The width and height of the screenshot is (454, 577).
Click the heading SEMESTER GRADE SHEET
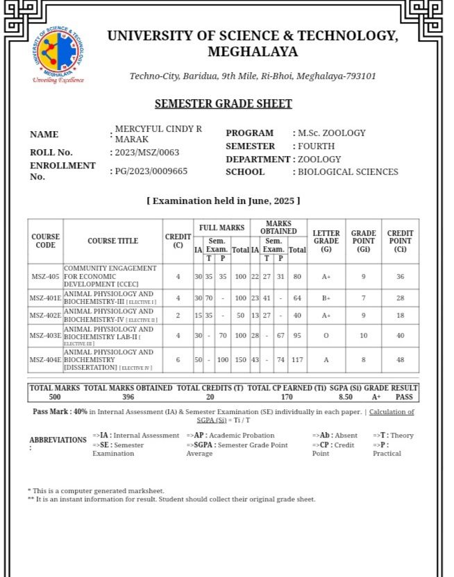coord(223,104)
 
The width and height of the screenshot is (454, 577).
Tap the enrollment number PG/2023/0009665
coord(151,171)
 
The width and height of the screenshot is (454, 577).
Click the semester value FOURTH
coord(316,146)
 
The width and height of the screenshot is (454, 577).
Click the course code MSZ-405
coord(45,276)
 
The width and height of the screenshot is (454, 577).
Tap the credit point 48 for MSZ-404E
coord(400,360)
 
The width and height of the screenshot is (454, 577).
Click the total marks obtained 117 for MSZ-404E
coord(297,360)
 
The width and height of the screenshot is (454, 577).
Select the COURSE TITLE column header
coord(112,241)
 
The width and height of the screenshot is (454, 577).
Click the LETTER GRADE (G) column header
coord(326,241)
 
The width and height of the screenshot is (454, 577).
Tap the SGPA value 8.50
coord(346,397)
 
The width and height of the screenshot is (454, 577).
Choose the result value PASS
coord(404,397)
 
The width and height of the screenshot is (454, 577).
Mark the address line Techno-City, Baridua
coord(253,76)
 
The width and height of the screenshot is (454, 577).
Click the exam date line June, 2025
coord(223,201)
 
